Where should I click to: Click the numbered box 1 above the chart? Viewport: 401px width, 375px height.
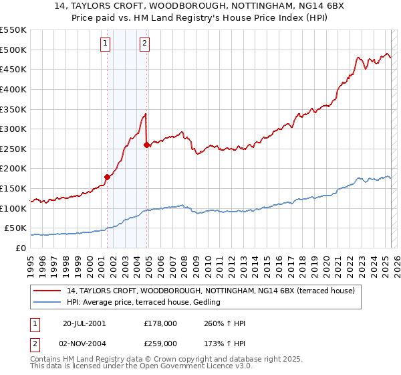[x=106, y=44]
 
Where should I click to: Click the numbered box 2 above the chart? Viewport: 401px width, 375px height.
[x=144, y=44]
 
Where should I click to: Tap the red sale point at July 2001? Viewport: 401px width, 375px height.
[x=107, y=177]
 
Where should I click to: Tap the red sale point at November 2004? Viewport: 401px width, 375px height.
[x=146, y=145]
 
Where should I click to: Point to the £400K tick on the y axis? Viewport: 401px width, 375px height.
[x=14, y=89]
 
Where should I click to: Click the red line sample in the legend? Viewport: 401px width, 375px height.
[x=47, y=291]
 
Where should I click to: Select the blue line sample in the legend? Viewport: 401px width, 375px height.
[x=47, y=303]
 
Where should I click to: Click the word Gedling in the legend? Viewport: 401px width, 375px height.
[x=207, y=303]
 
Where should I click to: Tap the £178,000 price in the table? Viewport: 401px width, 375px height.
[x=160, y=324]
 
